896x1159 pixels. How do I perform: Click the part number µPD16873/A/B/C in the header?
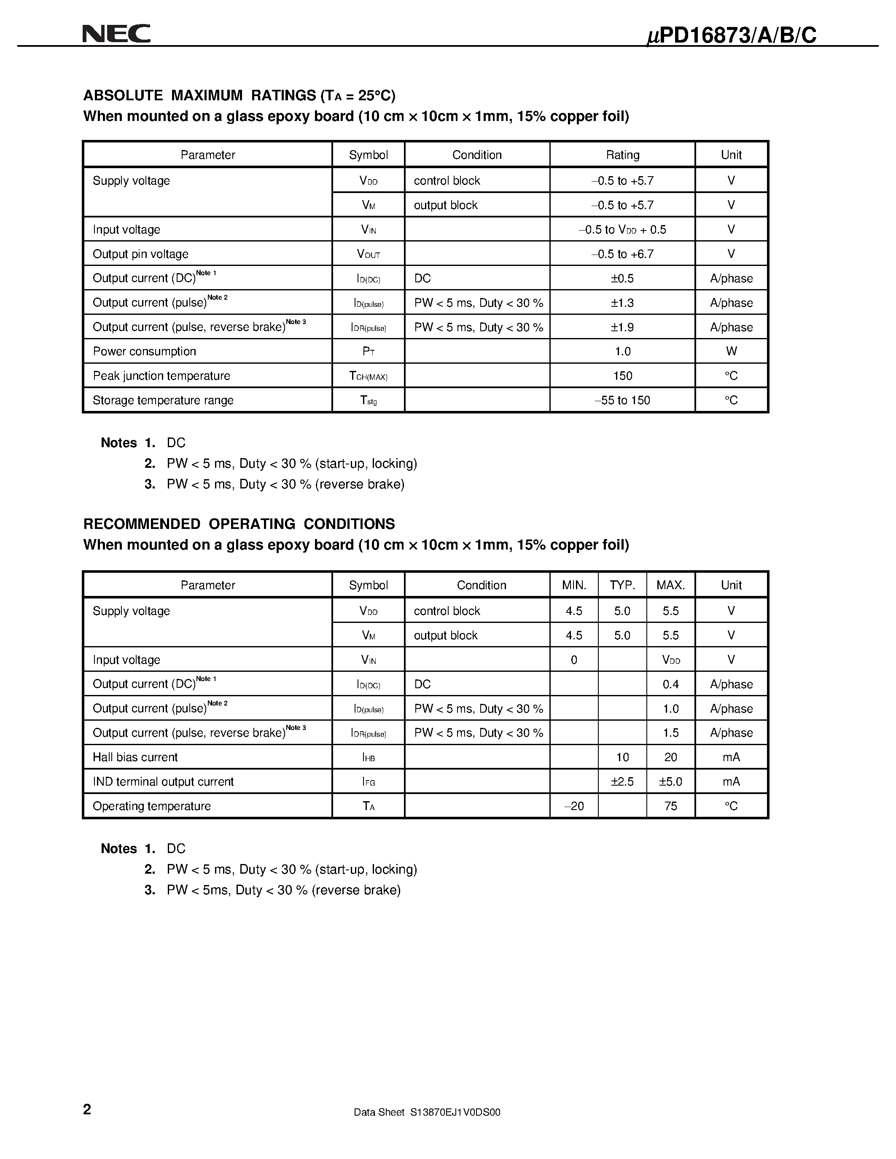pyautogui.click(x=732, y=35)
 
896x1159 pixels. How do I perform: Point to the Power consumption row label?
pyautogui.click(x=144, y=351)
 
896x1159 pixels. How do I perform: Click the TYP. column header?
pyautogui.click(x=622, y=585)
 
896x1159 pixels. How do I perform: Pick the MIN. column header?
pyautogui.click(x=574, y=585)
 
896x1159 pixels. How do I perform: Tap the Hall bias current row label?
pyautogui.click(x=135, y=757)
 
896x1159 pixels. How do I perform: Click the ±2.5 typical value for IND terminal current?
pyautogui.click(x=622, y=782)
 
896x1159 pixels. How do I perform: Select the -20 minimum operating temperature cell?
pyautogui.click(x=574, y=806)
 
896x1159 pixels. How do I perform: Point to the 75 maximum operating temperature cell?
pyautogui.click(x=670, y=806)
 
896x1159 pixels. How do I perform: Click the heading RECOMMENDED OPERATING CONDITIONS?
pyautogui.click(x=239, y=524)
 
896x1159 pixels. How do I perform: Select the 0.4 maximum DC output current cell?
pyautogui.click(x=670, y=684)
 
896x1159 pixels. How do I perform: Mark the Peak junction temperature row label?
pyautogui.click(x=161, y=376)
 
